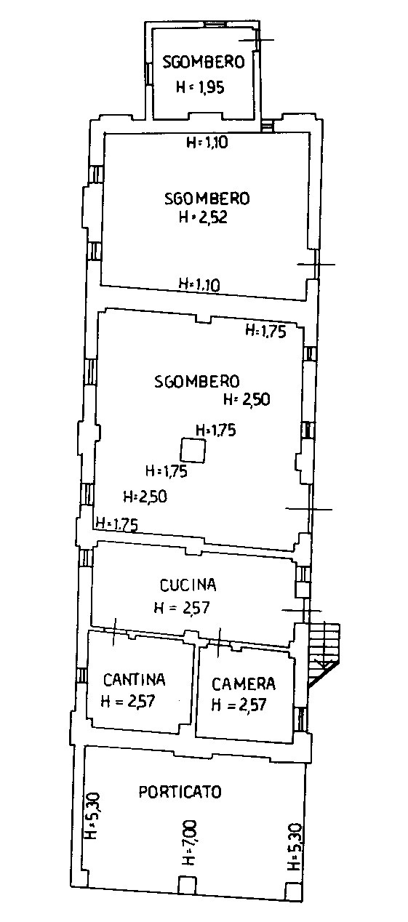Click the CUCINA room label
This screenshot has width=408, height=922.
(x=188, y=585)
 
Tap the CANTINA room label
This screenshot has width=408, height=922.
(x=135, y=680)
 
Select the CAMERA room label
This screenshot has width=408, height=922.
(x=244, y=684)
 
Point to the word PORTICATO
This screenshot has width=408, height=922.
(x=180, y=792)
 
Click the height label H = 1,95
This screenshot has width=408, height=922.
(x=200, y=87)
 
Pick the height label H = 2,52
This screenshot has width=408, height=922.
(x=204, y=217)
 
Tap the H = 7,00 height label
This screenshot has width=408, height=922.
(x=191, y=842)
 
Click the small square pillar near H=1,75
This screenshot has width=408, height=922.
(x=193, y=450)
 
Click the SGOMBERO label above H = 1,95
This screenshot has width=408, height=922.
(x=204, y=62)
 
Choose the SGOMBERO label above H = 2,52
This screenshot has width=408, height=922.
(x=207, y=199)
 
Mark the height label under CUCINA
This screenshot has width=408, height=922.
(x=182, y=608)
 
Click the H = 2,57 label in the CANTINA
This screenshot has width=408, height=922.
(x=128, y=700)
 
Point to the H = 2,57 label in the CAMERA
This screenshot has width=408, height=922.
(x=239, y=705)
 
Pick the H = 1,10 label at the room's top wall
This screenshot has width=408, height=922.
(x=207, y=143)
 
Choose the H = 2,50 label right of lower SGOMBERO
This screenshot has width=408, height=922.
(x=247, y=399)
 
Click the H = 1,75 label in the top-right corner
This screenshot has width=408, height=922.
(x=265, y=331)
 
